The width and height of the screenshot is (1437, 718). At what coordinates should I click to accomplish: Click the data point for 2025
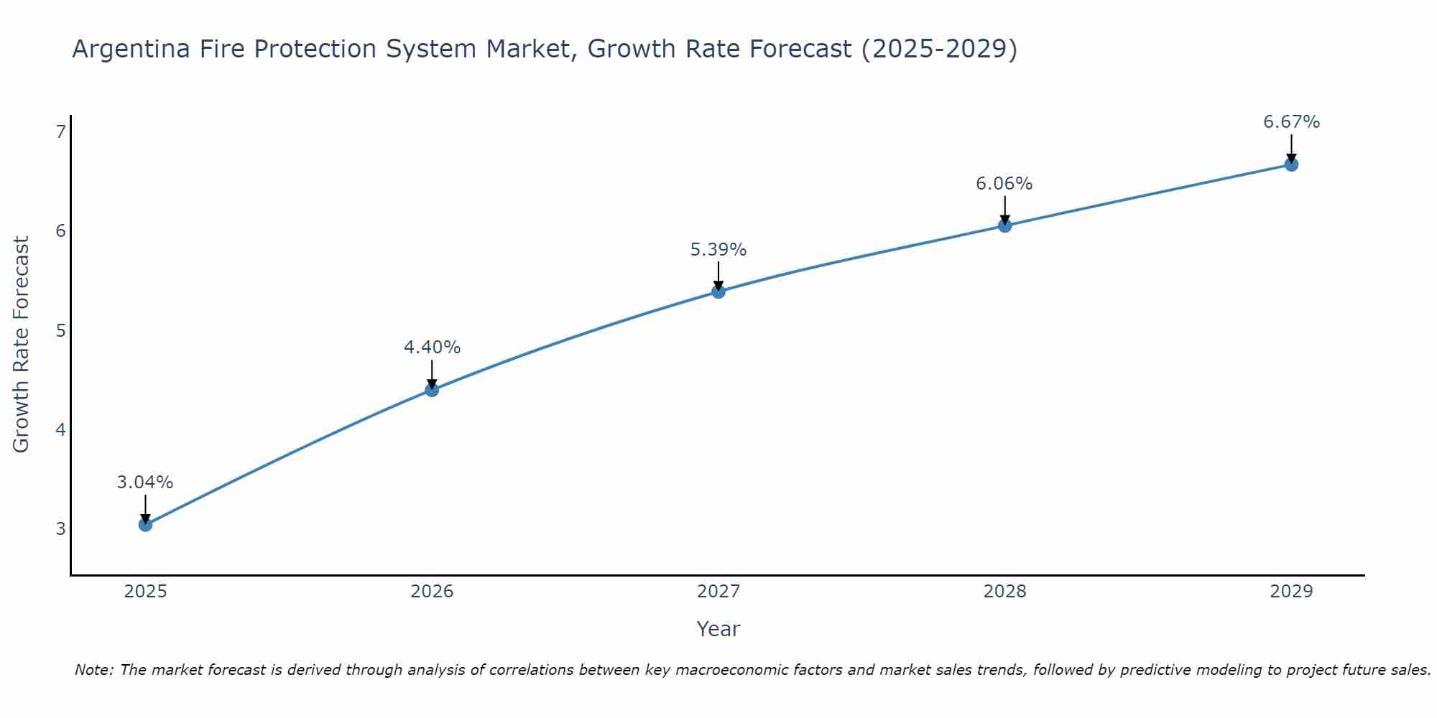coord(145,525)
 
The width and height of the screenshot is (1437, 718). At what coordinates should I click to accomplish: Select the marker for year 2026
coord(432,390)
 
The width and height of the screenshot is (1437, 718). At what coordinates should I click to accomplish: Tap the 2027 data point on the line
coord(718,292)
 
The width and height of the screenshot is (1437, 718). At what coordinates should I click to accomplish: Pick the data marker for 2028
coord(1004,225)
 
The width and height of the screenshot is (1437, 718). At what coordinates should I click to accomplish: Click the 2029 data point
coord(1291,164)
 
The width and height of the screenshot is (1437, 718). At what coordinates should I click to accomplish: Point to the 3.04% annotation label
coord(145,482)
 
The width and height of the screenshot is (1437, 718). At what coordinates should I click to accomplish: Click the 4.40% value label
coord(432,348)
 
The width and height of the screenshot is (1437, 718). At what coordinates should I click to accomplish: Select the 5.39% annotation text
coord(718,250)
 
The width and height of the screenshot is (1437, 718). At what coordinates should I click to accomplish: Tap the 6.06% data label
coord(1004,184)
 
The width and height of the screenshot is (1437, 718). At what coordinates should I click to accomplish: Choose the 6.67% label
coord(1291,122)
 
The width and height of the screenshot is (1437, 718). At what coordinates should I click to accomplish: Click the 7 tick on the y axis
coord(60,131)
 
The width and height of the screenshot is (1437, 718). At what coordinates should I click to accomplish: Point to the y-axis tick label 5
coord(60,330)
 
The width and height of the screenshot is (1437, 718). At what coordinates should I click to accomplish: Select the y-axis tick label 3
coord(60,529)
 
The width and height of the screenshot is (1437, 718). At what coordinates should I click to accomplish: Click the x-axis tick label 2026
coord(432,592)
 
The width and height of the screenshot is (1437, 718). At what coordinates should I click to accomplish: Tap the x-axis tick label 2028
coord(1004,592)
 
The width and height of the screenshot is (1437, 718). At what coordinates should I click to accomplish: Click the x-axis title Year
coord(718,629)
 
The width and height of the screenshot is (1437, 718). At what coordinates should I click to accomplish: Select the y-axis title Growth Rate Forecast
coord(22,345)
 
